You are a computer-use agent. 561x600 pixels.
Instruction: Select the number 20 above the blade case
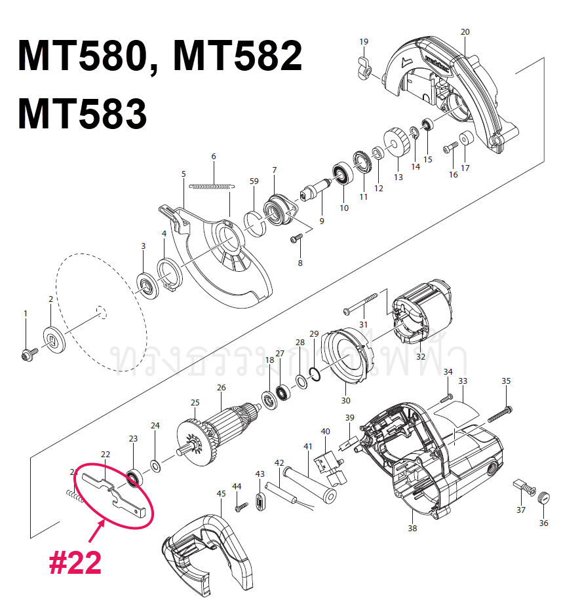465,31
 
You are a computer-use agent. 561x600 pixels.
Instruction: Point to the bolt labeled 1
28,354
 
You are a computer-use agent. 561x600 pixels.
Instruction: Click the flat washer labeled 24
156,466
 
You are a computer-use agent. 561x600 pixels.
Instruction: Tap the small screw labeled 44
240,506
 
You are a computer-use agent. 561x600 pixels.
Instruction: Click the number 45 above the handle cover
221,493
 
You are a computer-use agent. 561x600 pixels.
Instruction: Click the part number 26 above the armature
221,387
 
